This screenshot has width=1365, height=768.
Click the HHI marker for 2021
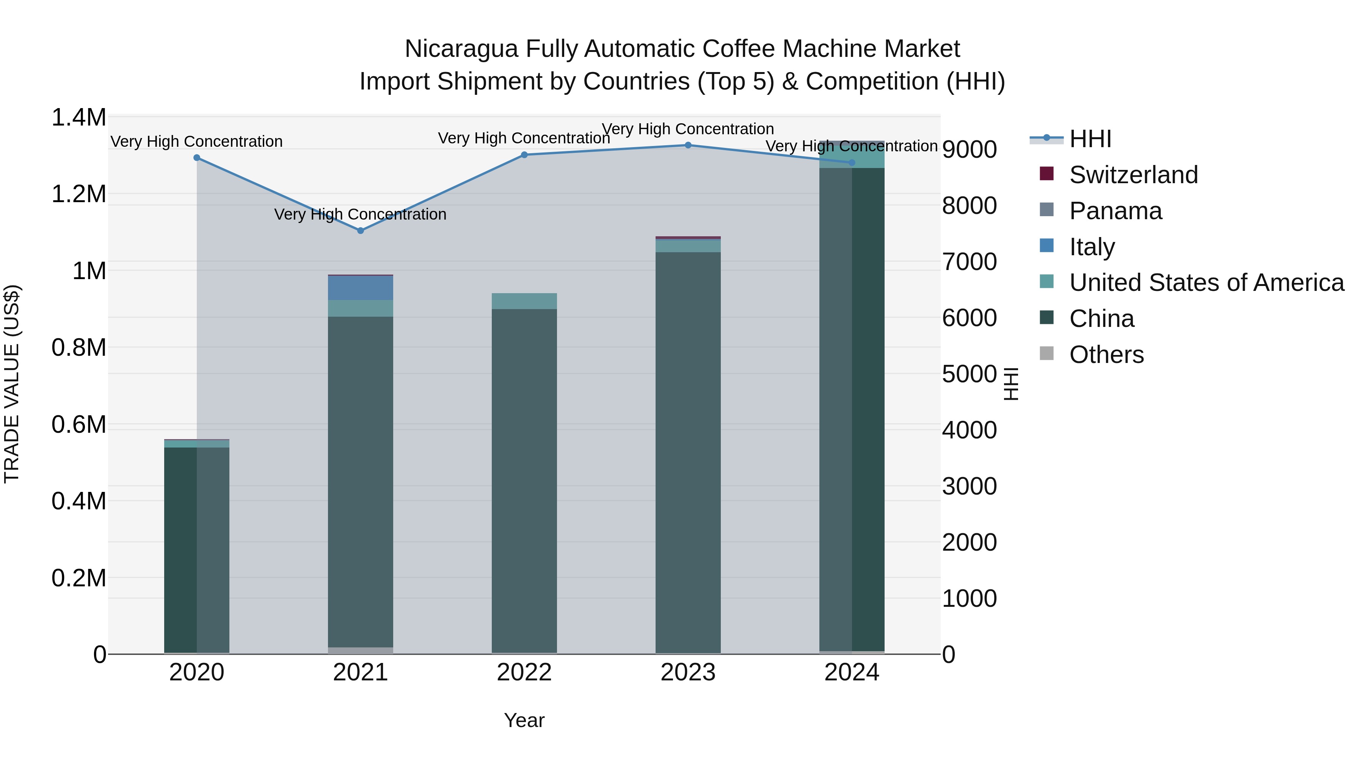[x=360, y=231]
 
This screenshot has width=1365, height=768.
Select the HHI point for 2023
[x=688, y=145]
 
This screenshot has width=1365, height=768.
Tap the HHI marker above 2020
[x=196, y=157]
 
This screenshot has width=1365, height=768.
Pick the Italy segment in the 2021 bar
[x=360, y=288]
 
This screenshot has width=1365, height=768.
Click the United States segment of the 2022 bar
[x=524, y=301]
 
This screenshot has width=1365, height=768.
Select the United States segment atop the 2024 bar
[x=852, y=155]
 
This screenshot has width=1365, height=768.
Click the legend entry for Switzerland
[x=1133, y=175]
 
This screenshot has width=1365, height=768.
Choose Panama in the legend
[x=1116, y=211]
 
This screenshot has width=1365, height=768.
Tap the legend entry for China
[x=1101, y=319]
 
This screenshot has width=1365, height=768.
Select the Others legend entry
[x=1106, y=355]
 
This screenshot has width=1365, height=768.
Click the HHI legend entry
[x=1090, y=139]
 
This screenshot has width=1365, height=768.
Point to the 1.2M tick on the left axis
[x=79, y=194]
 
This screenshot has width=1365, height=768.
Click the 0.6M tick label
[x=79, y=424]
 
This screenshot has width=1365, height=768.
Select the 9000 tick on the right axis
[x=969, y=149]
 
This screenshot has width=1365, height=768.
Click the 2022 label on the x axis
[x=524, y=672]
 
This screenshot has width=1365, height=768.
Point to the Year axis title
[x=524, y=720]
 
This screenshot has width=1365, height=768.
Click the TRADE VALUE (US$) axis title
[x=12, y=384]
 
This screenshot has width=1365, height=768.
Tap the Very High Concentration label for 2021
[x=360, y=214]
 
